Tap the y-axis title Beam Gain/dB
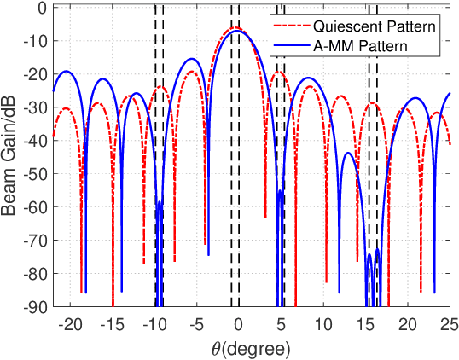(x=12, y=157)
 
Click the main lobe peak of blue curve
(x=236, y=30)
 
